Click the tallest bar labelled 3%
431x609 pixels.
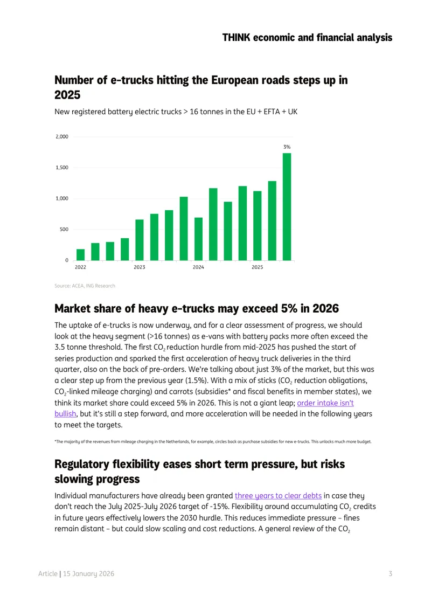click(287, 206)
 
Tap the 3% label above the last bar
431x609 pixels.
click(287, 147)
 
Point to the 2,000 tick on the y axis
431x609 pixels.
click(62, 137)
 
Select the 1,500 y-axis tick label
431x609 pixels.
click(62, 168)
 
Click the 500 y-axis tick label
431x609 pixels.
click(64, 229)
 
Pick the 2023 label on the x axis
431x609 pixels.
click(140, 267)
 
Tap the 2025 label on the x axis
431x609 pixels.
click(257, 267)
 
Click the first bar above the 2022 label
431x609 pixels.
click(80, 255)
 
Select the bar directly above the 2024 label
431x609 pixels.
click(198, 239)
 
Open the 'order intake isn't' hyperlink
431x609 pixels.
click(325, 403)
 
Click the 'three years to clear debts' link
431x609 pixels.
click(278, 496)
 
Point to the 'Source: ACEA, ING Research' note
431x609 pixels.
click(85, 286)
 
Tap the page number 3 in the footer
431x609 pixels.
click(391, 573)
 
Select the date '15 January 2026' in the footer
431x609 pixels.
click(88, 573)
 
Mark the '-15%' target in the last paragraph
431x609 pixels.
click(219, 507)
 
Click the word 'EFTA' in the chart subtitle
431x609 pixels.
click(272, 112)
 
